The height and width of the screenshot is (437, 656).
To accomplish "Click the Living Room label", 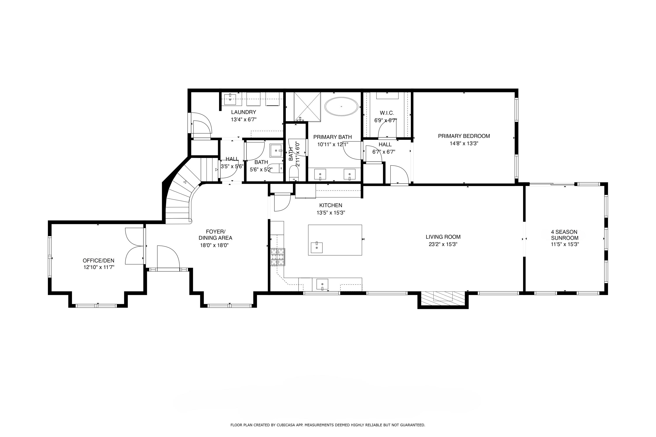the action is coord(443,237).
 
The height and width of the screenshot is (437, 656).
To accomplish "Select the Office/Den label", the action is coord(98,261).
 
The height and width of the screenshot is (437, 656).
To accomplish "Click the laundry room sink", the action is coord(230,99).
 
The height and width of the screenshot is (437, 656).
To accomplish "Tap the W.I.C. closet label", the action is coord(387,113).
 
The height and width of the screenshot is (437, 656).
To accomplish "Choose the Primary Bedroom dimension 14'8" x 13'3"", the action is coord(464,144).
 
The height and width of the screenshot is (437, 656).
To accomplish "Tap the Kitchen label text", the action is coord(331,205).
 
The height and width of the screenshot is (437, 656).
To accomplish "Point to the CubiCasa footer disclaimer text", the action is coord(328,425).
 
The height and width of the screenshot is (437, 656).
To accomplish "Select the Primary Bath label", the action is coord(332,137).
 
